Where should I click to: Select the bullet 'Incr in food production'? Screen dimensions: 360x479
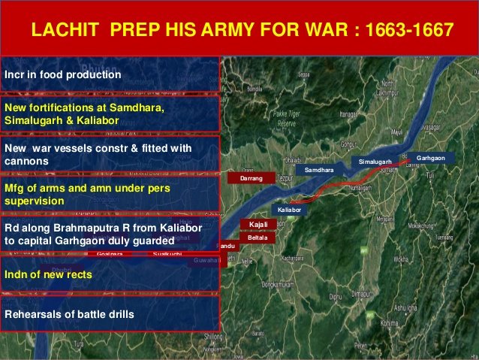(62, 75)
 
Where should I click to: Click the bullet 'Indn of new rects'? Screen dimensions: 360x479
(49, 275)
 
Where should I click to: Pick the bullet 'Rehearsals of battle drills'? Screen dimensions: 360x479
(70, 313)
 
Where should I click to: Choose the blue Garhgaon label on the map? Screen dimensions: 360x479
(431, 159)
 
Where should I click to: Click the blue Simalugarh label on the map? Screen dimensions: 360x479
(375, 162)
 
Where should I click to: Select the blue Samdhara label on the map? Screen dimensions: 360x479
(319, 171)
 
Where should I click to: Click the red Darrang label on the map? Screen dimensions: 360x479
(252, 179)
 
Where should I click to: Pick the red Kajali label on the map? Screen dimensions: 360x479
(258, 224)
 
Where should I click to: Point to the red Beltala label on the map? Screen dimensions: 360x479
(258, 237)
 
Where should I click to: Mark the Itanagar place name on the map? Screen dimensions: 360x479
(347, 114)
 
